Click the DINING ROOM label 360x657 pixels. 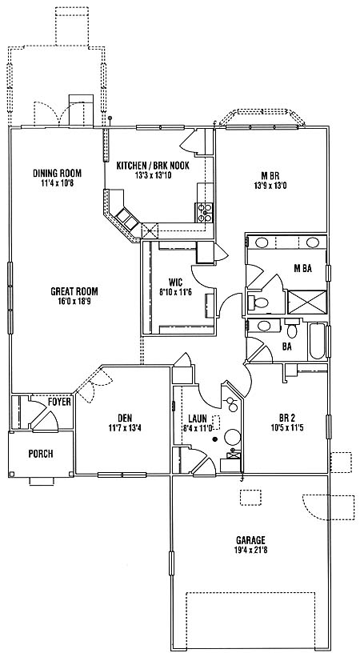(57, 173)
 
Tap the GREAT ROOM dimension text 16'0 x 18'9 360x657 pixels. (74, 301)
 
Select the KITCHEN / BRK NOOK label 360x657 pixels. (153, 166)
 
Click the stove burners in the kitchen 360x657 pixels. (205, 212)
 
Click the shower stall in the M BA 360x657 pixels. (306, 302)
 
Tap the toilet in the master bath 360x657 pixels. (259, 301)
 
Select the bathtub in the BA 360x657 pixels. (318, 341)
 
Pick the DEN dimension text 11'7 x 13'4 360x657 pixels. (125, 428)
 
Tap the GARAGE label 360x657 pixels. (250, 540)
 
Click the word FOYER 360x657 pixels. (59, 402)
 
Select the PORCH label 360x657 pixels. (41, 454)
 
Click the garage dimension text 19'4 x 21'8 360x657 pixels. (250, 550)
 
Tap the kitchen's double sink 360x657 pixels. (128, 219)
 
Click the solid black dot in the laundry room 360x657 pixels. (215, 439)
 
